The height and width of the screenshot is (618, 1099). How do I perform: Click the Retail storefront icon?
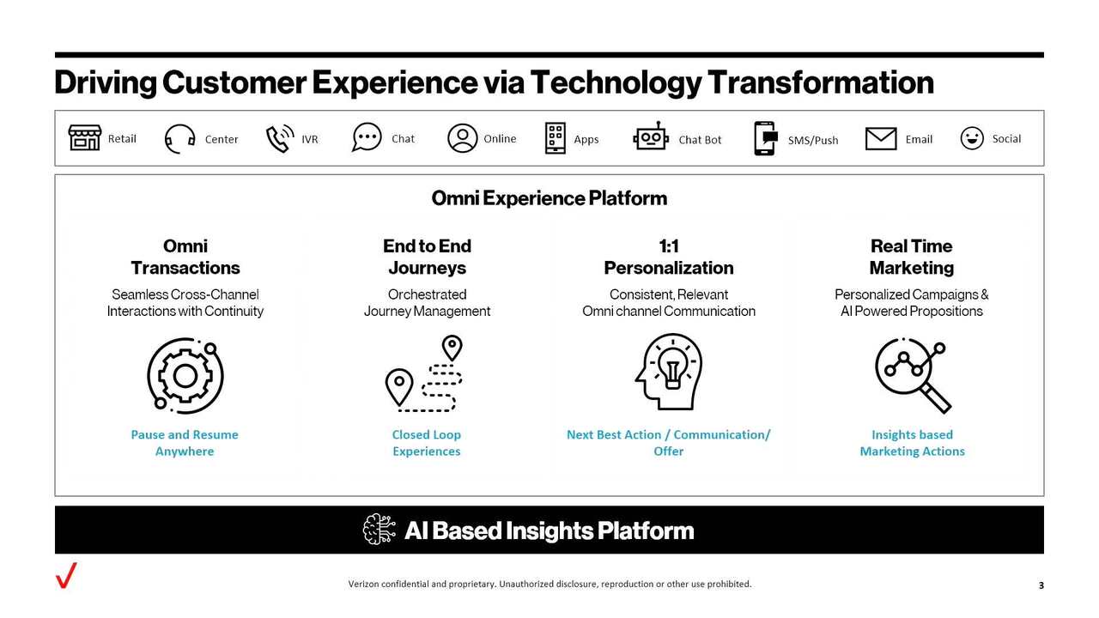(x=84, y=138)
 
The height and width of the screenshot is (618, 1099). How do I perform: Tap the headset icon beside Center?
(x=179, y=138)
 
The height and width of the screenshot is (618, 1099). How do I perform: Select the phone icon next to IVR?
(x=279, y=138)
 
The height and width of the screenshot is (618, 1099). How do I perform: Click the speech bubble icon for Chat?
(x=367, y=137)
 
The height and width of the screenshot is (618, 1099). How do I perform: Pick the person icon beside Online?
(x=462, y=138)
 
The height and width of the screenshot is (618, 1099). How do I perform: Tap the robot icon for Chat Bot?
(x=651, y=137)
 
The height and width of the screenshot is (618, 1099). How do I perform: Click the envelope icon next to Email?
(x=880, y=138)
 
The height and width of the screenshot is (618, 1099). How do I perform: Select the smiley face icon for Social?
(x=971, y=138)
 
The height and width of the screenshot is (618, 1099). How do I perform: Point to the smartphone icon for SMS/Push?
(x=764, y=138)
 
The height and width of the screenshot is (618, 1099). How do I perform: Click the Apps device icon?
(x=556, y=138)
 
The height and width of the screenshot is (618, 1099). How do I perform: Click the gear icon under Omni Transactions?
(x=185, y=374)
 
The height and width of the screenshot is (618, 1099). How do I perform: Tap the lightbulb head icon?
(x=668, y=373)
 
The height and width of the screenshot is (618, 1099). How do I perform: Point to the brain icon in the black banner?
(x=379, y=530)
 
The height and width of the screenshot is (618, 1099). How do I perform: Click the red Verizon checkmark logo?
(x=66, y=575)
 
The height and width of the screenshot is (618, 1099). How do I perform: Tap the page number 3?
(x=1041, y=585)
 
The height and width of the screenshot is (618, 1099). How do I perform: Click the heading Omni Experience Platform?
(x=549, y=198)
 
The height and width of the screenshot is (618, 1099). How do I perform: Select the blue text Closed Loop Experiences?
(x=426, y=443)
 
